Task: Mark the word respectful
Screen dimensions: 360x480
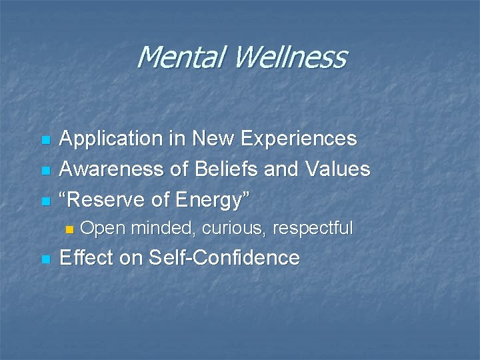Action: [313, 229]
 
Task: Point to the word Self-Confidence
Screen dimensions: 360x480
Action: [224, 257]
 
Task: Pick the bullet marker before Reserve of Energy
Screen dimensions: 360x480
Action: [45, 201]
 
